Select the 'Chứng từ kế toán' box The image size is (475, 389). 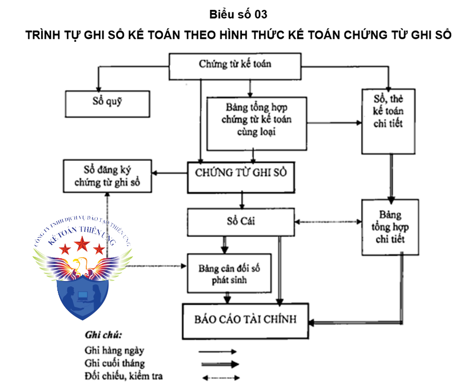point(235,65)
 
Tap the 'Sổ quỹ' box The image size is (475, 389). point(107,103)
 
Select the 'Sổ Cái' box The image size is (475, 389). point(241,221)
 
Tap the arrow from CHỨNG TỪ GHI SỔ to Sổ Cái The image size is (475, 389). point(241,200)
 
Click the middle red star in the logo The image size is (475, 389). point(81,242)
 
